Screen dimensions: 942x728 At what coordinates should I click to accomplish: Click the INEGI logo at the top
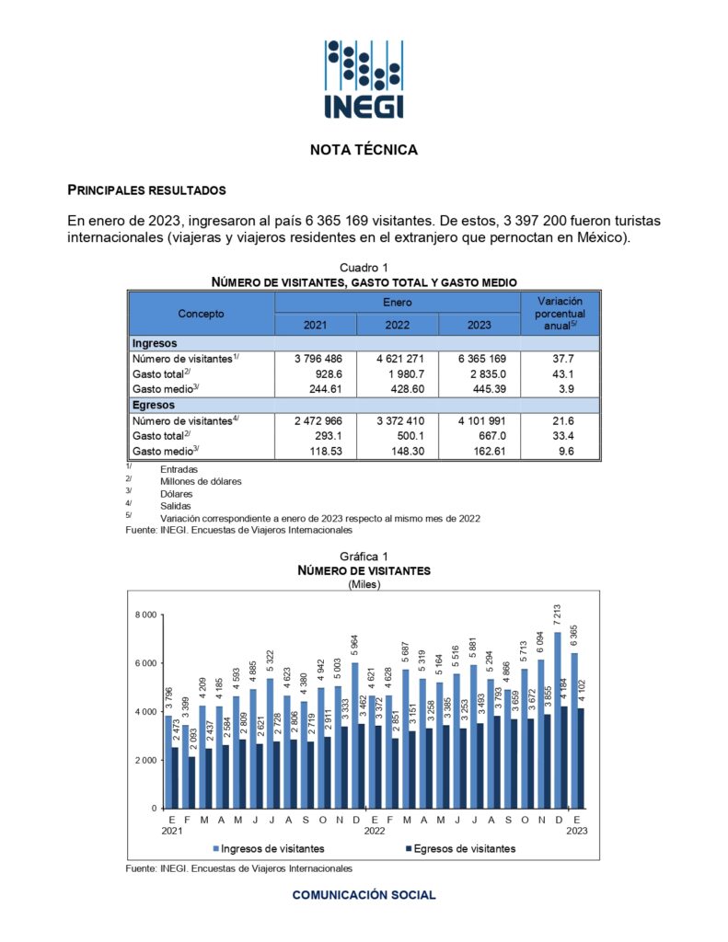364,80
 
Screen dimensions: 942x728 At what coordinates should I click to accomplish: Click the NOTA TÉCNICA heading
364,149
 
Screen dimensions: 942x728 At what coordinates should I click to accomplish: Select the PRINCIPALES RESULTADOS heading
146,190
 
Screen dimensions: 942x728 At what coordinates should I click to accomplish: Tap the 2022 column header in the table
398,325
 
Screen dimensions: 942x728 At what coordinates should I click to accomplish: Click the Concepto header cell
201,314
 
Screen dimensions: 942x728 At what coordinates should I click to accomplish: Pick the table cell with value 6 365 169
480,359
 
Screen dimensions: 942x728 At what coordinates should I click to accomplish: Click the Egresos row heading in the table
153,405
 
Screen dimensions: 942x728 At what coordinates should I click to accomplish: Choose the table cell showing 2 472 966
316,420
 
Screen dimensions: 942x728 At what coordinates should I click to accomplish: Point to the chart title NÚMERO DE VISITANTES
364,570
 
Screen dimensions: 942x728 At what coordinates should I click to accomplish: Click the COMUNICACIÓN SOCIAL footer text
364,894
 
